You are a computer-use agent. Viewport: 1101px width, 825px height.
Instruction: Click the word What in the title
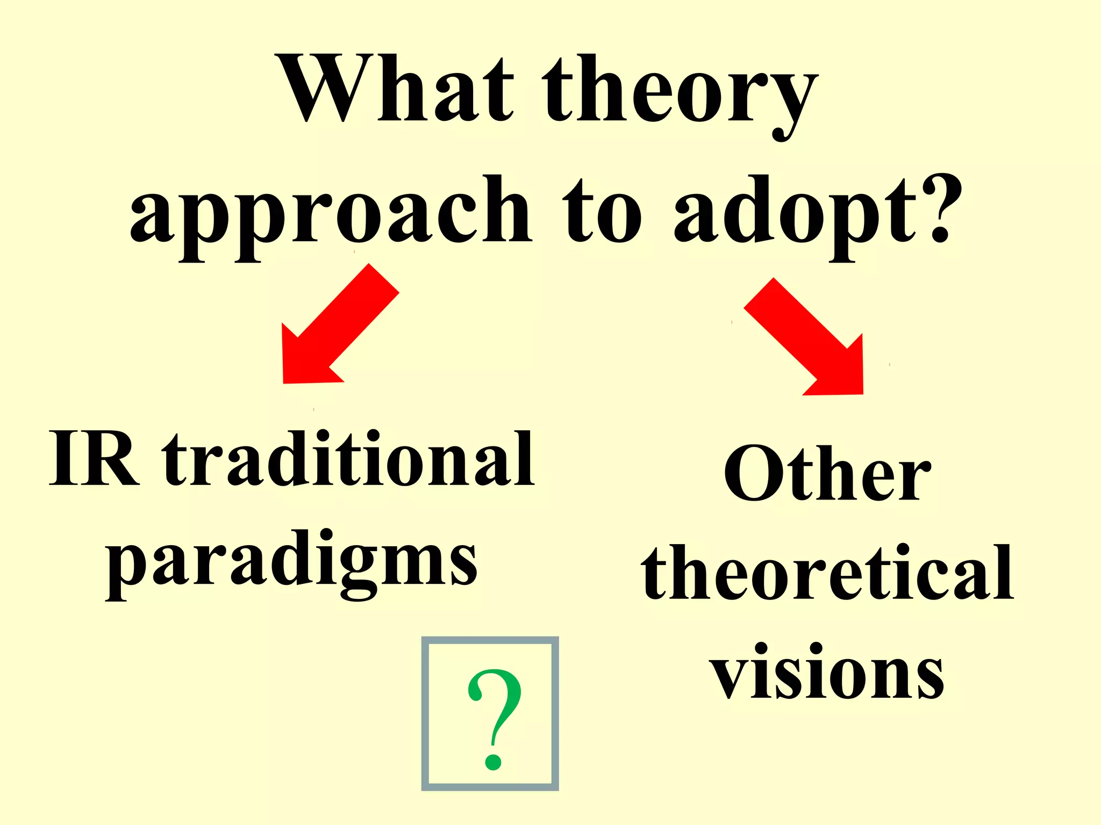click(x=398, y=89)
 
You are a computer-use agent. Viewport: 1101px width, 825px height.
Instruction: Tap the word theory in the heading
click(x=680, y=94)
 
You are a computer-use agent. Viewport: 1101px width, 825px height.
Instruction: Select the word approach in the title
click(x=331, y=215)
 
